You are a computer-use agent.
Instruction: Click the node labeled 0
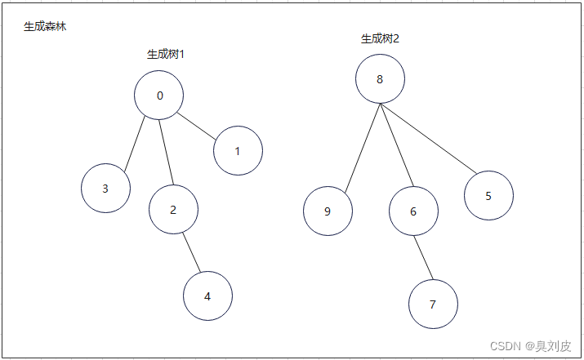point(158,96)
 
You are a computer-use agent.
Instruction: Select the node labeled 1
point(238,151)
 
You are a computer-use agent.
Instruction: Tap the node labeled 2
point(173,210)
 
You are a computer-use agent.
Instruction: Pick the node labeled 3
point(105,189)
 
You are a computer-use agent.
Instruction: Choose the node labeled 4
point(207,296)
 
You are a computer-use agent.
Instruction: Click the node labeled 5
point(488,196)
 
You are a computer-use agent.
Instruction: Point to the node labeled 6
point(413,211)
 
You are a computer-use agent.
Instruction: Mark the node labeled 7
point(433,304)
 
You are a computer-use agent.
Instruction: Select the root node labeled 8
point(380,79)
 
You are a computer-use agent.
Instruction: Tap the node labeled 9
point(328,211)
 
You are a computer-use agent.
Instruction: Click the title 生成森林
point(45,27)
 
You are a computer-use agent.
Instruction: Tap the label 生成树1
point(165,55)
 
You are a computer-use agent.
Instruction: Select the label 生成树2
point(380,38)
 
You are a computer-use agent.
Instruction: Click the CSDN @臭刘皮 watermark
point(530,345)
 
